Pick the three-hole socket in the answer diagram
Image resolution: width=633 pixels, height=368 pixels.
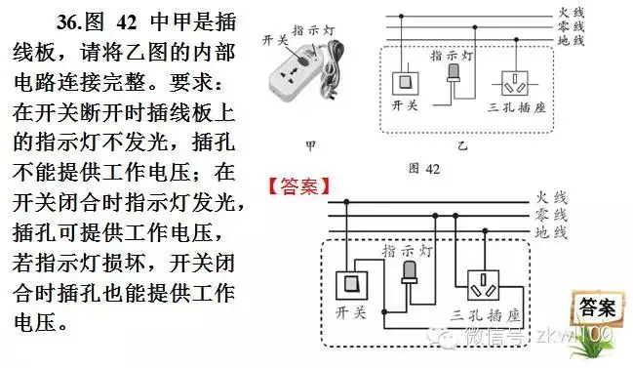[486, 286]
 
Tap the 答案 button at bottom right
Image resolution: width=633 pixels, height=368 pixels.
[595, 308]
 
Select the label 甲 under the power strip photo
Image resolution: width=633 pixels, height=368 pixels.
[309, 144]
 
